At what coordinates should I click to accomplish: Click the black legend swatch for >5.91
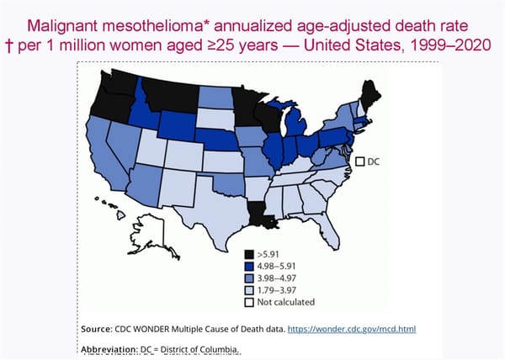[249, 254]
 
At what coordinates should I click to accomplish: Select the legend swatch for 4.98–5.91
[249, 266]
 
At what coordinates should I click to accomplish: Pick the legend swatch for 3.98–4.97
[249, 278]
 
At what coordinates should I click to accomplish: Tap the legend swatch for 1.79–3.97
[249, 289]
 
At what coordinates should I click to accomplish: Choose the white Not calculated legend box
[249, 301]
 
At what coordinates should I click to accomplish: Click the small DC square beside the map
[359, 161]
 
